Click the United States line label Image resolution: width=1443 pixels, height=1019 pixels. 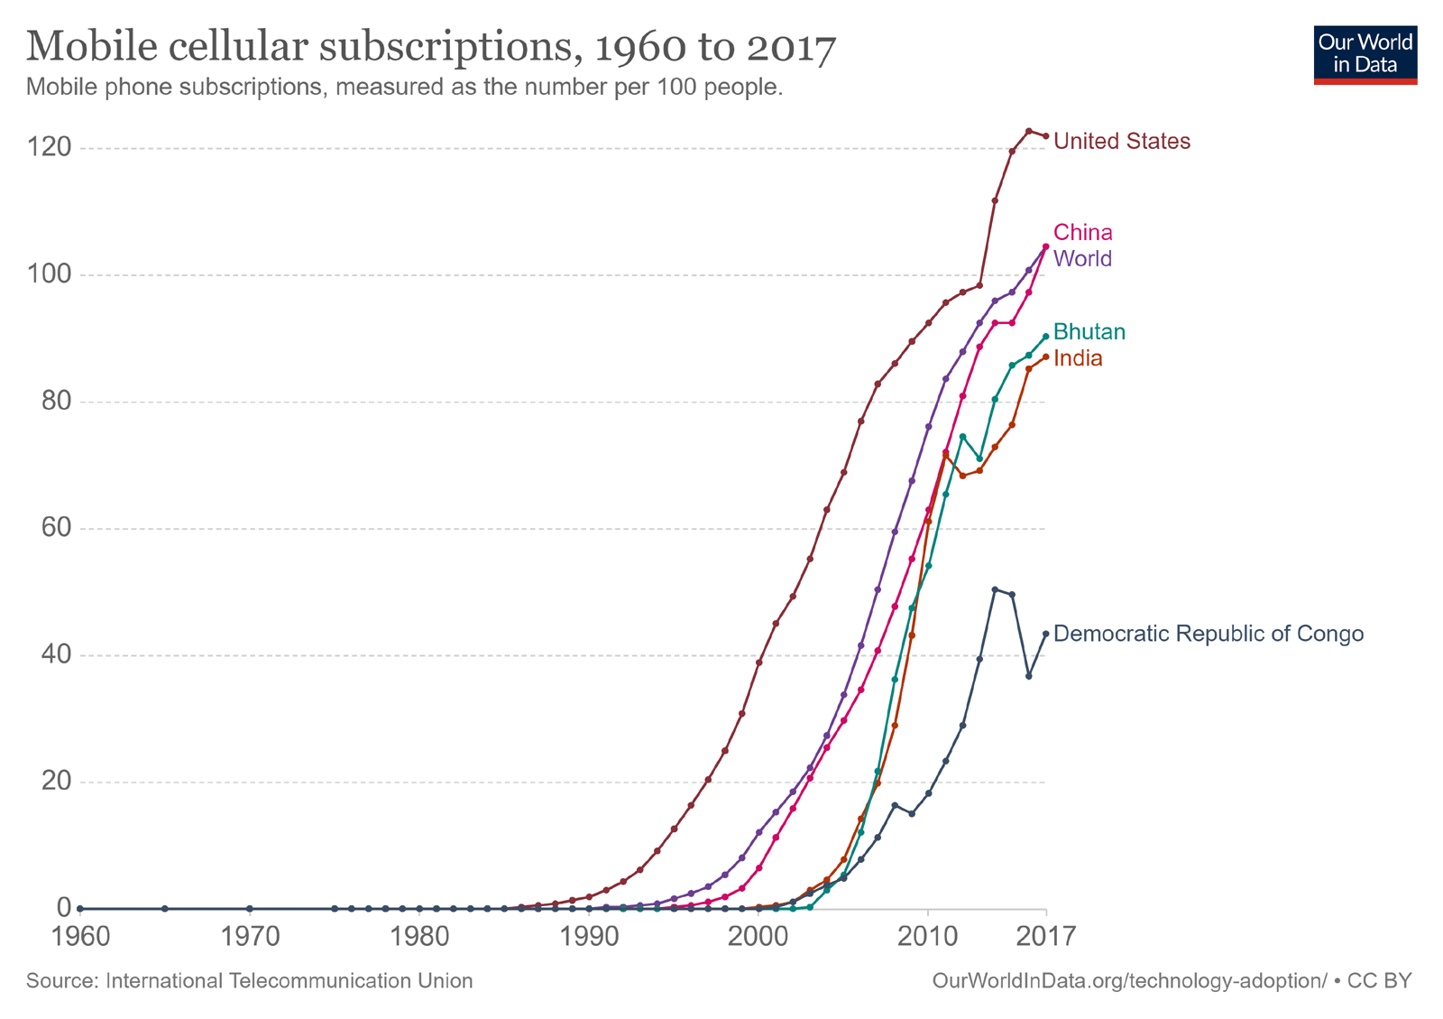click(1121, 142)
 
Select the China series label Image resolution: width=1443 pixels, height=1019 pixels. click(1082, 233)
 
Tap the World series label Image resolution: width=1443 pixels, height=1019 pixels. click(1082, 259)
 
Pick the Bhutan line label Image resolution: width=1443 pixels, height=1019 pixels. click(1089, 332)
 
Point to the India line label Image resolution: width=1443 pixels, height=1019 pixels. click(1078, 359)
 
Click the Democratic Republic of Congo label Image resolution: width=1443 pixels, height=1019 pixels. click(1208, 634)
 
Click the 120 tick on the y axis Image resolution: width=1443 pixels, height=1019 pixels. click(50, 147)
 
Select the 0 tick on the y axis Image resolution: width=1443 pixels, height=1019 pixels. click(63, 908)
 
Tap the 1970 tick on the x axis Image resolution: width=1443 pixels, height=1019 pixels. click(250, 936)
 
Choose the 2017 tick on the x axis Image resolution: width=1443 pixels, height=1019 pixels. click(1046, 936)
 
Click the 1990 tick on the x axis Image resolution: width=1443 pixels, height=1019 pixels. click(589, 936)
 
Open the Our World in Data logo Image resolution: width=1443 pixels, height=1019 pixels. click(1365, 55)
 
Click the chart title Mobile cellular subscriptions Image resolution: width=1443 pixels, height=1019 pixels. click(431, 47)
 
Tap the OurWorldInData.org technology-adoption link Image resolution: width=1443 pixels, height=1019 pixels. click(1129, 981)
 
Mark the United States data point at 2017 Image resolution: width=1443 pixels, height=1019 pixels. click(1046, 136)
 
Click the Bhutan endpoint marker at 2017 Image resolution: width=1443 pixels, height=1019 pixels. click(1046, 337)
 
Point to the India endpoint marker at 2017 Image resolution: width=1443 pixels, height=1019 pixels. click(1046, 357)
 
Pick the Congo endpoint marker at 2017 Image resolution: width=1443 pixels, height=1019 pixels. click(1046, 634)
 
